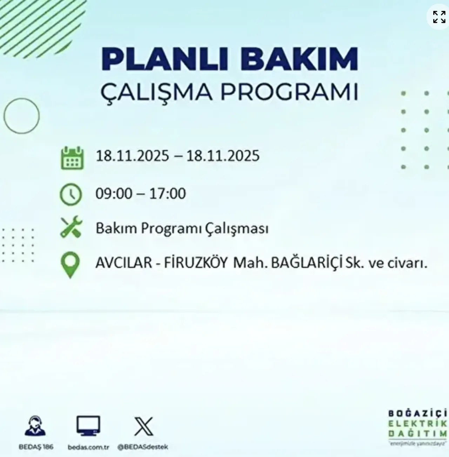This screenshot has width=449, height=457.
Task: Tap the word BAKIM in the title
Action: (300, 60)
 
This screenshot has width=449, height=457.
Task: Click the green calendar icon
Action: (72, 159)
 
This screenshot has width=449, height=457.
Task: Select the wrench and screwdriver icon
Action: (71, 227)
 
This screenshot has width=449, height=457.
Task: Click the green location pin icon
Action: (70, 266)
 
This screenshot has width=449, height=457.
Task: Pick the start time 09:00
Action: (114, 194)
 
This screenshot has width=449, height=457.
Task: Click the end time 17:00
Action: (168, 194)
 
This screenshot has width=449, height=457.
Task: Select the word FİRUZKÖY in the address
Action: (196, 263)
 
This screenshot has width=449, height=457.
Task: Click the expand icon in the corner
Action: (439, 17)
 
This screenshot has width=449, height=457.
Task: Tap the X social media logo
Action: (144, 426)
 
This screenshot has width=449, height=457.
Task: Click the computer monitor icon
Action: (88, 426)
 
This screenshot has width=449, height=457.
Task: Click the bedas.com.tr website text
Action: (88, 447)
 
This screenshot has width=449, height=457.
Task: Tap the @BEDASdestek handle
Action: (143, 447)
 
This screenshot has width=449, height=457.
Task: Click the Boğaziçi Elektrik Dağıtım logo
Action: (417, 427)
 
